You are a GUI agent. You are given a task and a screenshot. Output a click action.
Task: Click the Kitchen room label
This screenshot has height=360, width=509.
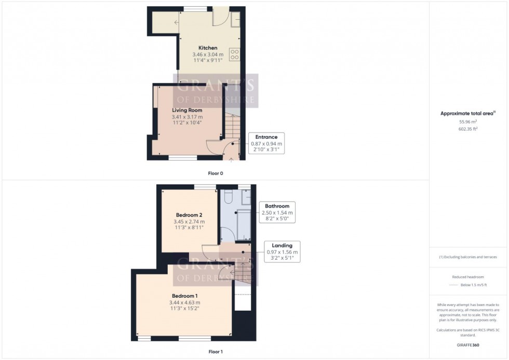click(x=208, y=48)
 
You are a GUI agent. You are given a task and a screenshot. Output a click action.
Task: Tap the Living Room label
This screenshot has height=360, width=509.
click(x=187, y=110)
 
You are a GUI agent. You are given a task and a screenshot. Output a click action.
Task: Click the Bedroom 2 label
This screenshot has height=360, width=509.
click(x=189, y=215)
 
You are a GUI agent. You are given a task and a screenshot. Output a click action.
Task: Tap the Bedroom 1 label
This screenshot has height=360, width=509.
click(x=184, y=296)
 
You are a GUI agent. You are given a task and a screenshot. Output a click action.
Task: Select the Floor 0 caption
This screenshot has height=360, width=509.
click(x=215, y=173)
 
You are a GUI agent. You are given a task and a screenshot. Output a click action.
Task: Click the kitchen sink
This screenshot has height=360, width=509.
click(x=235, y=20)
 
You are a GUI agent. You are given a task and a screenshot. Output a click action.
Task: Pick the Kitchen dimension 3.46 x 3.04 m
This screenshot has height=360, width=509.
click(x=208, y=54)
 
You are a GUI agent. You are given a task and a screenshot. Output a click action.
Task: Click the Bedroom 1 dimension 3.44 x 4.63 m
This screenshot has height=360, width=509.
click(x=184, y=302)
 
